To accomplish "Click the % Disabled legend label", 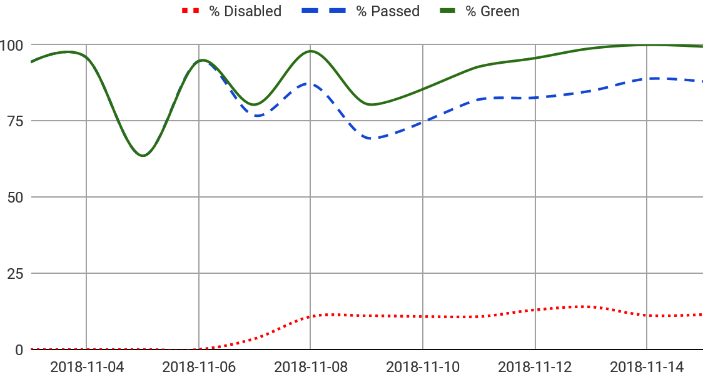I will (245, 11).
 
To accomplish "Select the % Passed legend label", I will (388, 11).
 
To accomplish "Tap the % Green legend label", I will (492, 11).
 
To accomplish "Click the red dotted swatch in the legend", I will (190, 11).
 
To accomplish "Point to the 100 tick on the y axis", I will (12, 45).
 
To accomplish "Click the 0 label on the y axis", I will (19, 350).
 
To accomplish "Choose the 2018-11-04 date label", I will (87, 366).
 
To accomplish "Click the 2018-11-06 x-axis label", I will (199, 366).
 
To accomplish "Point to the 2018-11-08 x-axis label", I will (311, 366).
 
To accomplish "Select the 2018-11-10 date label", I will (423, 366).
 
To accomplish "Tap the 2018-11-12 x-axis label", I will (535, 366).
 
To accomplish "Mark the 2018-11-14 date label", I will (647, 366).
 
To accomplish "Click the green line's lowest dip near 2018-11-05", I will (143, 156).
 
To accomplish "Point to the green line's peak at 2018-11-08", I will (311, 51).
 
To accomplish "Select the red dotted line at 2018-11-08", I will (311, 316).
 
